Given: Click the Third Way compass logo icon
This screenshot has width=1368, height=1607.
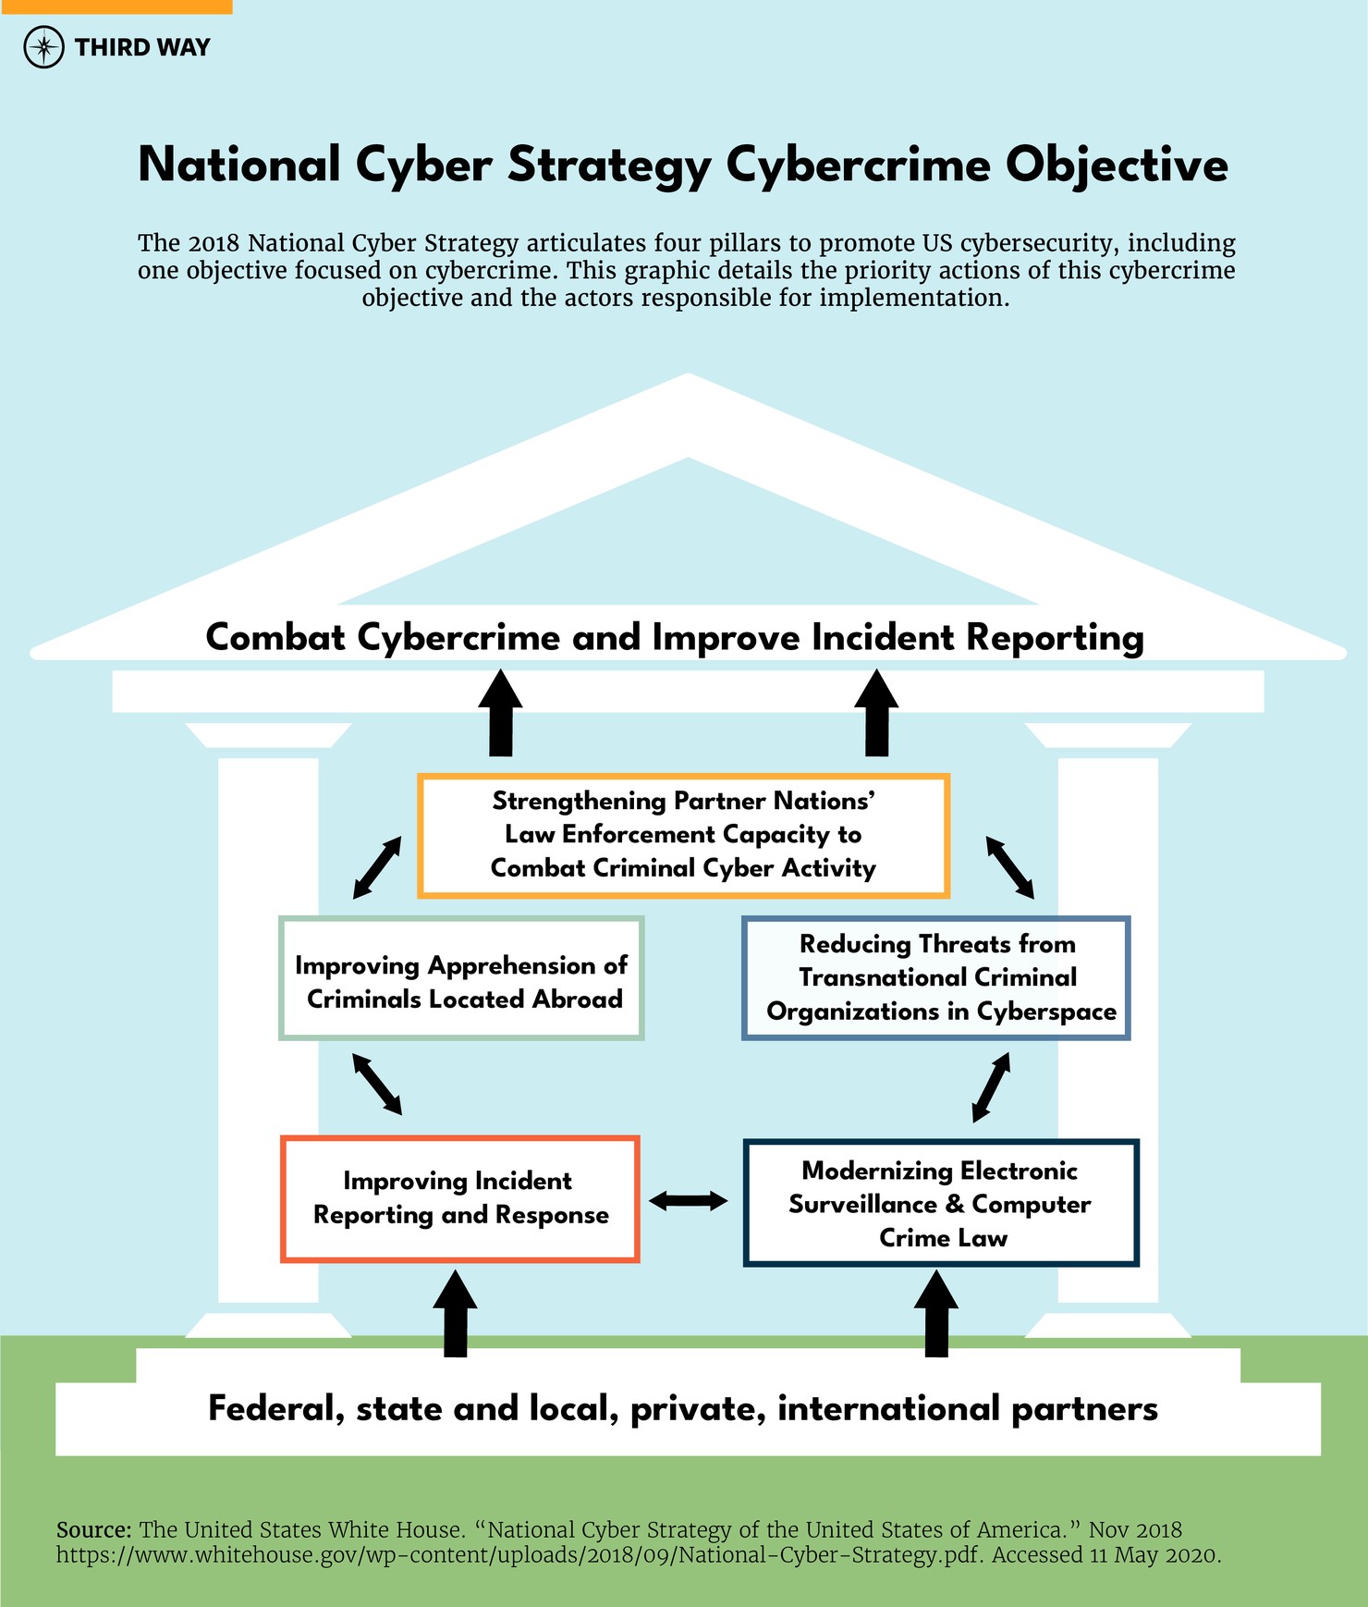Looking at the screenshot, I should click(43, 47).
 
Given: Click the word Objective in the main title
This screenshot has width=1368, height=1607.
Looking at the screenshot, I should click(1117, 166).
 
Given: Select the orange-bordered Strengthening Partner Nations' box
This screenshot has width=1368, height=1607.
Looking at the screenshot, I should click(683, 835).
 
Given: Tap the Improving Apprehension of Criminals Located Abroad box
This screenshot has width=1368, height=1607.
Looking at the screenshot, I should click(461, 979).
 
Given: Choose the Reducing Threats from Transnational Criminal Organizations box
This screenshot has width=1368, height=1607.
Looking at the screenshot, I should click(935, 978).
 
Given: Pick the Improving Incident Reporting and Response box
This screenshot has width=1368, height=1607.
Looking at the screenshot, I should click(460, 1199).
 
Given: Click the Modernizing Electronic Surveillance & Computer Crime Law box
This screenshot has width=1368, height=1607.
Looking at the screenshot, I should click(941, 1203).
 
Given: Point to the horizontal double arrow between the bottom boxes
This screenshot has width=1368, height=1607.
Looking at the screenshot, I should click(689, 1201).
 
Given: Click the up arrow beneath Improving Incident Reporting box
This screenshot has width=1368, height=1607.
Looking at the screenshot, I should click(456, 1313).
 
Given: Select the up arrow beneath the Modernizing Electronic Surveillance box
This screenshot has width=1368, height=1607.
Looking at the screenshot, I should click(935, 1313).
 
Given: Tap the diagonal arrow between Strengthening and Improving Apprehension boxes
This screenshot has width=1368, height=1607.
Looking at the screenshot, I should click(377, 867).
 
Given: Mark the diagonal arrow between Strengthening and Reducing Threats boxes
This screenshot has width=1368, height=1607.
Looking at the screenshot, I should click(1009, 867).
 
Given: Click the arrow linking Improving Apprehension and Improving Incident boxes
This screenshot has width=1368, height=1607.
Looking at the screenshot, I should click(377, 1084).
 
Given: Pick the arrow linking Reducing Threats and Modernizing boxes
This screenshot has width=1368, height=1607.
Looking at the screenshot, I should click(991, 1087).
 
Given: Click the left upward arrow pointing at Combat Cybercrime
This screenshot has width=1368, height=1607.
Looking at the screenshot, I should click(500, 713).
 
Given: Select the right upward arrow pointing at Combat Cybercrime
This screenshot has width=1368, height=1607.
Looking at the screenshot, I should click(876, 713).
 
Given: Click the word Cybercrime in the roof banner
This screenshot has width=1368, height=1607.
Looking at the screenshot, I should click(458, 638).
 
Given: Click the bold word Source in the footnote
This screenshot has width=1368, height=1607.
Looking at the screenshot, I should click(93, 1530).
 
